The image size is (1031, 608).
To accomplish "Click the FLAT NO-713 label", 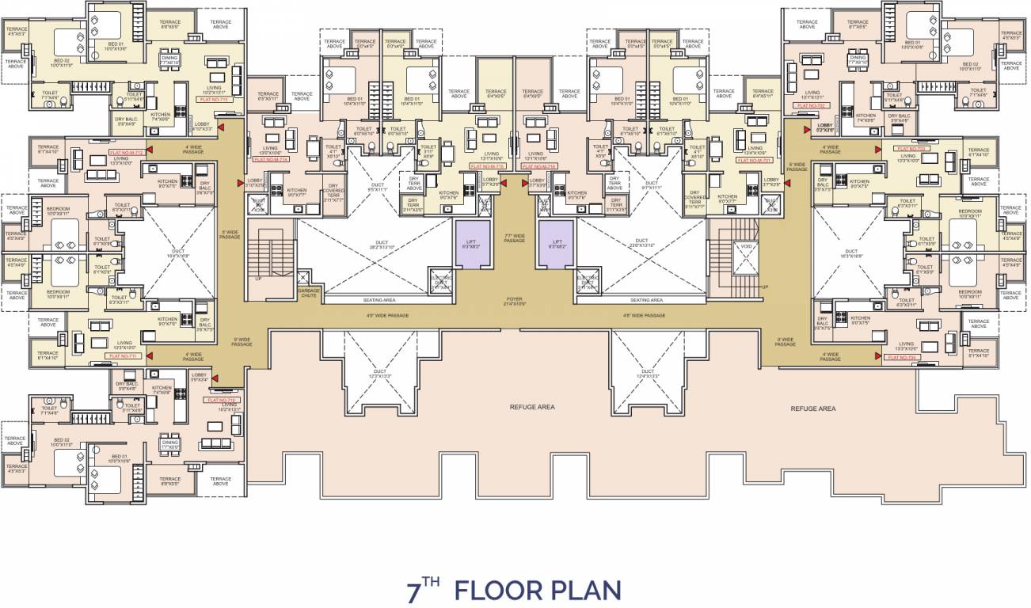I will tap(212, 101).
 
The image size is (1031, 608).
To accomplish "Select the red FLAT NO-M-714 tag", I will tap(272, 159).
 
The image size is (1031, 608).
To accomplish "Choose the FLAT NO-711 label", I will tap(124, 356).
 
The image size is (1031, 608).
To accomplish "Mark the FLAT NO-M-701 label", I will tap(754, 160).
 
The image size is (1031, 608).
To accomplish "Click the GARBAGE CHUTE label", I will tap(309, 294).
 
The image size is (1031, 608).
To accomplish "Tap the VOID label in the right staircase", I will tap(746, 247).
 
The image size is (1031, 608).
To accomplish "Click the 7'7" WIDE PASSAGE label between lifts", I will tap(514, 237).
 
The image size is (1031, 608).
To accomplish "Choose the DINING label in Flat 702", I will tap(858, 59).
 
